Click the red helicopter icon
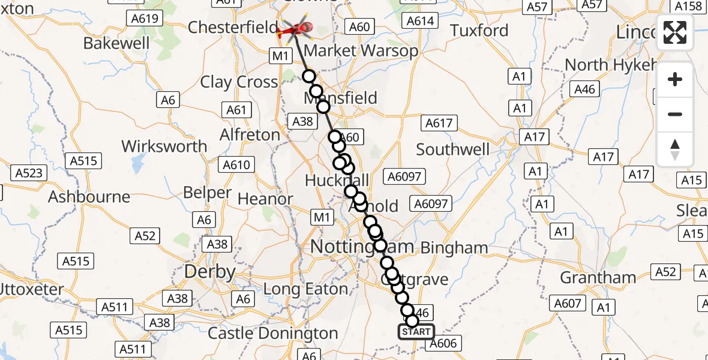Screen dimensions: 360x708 click(x=296, y=27)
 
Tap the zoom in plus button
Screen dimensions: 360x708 click(x=675, y=79)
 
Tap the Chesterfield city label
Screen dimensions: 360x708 click(x=232, y=28)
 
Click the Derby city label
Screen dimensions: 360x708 click(x=209, y=271)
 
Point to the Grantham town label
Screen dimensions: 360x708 click(x=598, y=278)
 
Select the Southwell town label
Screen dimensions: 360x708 click(x=453, y=149)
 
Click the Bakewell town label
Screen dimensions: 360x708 click(x=116, y=43)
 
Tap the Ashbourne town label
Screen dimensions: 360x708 click(x=89, y=197)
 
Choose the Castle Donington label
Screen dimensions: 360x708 click(x=273, y=333)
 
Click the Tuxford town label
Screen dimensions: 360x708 click(x=479, y=31)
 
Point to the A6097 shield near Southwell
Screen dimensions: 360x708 click(x=406, y=176)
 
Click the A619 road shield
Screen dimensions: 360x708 click(x=145, y=19)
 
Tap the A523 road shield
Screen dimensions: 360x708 click(x=29, y=173)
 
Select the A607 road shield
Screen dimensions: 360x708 click(x=568, y=304)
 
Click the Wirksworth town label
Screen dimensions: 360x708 click(x=164, y=146)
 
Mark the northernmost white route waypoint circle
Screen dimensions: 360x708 click(x=308, y=76)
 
